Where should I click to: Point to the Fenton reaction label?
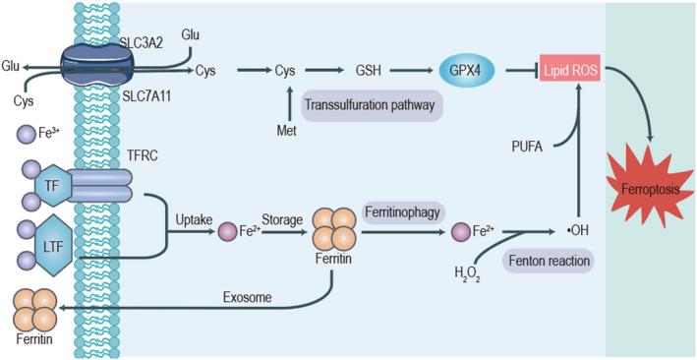547,262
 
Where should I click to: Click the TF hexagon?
52,184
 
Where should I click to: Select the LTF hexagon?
51,242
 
